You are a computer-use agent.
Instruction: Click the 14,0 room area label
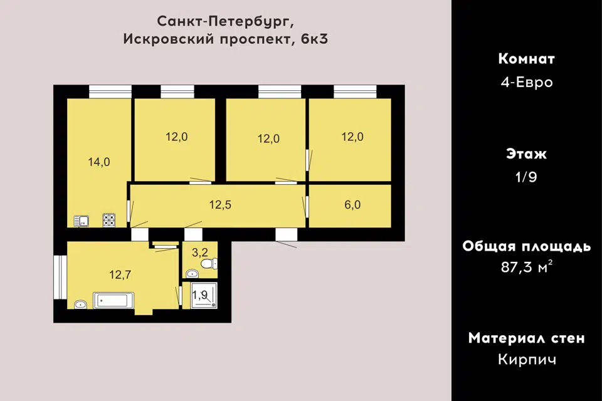coord(99,162)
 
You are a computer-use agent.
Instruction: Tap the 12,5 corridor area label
coord(220,204)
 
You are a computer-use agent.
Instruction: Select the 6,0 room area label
coord(352,204)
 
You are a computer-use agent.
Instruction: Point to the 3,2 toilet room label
coord(199,252)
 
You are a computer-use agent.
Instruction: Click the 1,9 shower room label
coord(199,295)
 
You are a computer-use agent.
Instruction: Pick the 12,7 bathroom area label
coord(120,274)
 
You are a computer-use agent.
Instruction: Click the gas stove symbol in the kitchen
coord(109,221)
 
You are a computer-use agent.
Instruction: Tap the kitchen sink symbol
coord(82,221)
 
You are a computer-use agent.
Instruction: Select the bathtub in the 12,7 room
coord(114,301)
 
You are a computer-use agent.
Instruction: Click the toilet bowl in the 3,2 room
coord(209,264)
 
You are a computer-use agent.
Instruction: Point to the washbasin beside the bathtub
coord(80,305)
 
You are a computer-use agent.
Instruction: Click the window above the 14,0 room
coord(110,91)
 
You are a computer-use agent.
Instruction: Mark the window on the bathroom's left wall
coord(60,277)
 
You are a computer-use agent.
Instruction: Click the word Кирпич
coord(527,360)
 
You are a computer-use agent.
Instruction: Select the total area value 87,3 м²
coord(527,266)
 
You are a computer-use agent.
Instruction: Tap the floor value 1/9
coord(526,177)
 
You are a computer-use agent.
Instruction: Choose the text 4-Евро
coord(527,82)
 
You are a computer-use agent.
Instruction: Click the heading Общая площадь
coord(527,246)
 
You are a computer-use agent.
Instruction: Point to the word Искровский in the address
coord(169,39)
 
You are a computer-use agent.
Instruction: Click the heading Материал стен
coord(527,338)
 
